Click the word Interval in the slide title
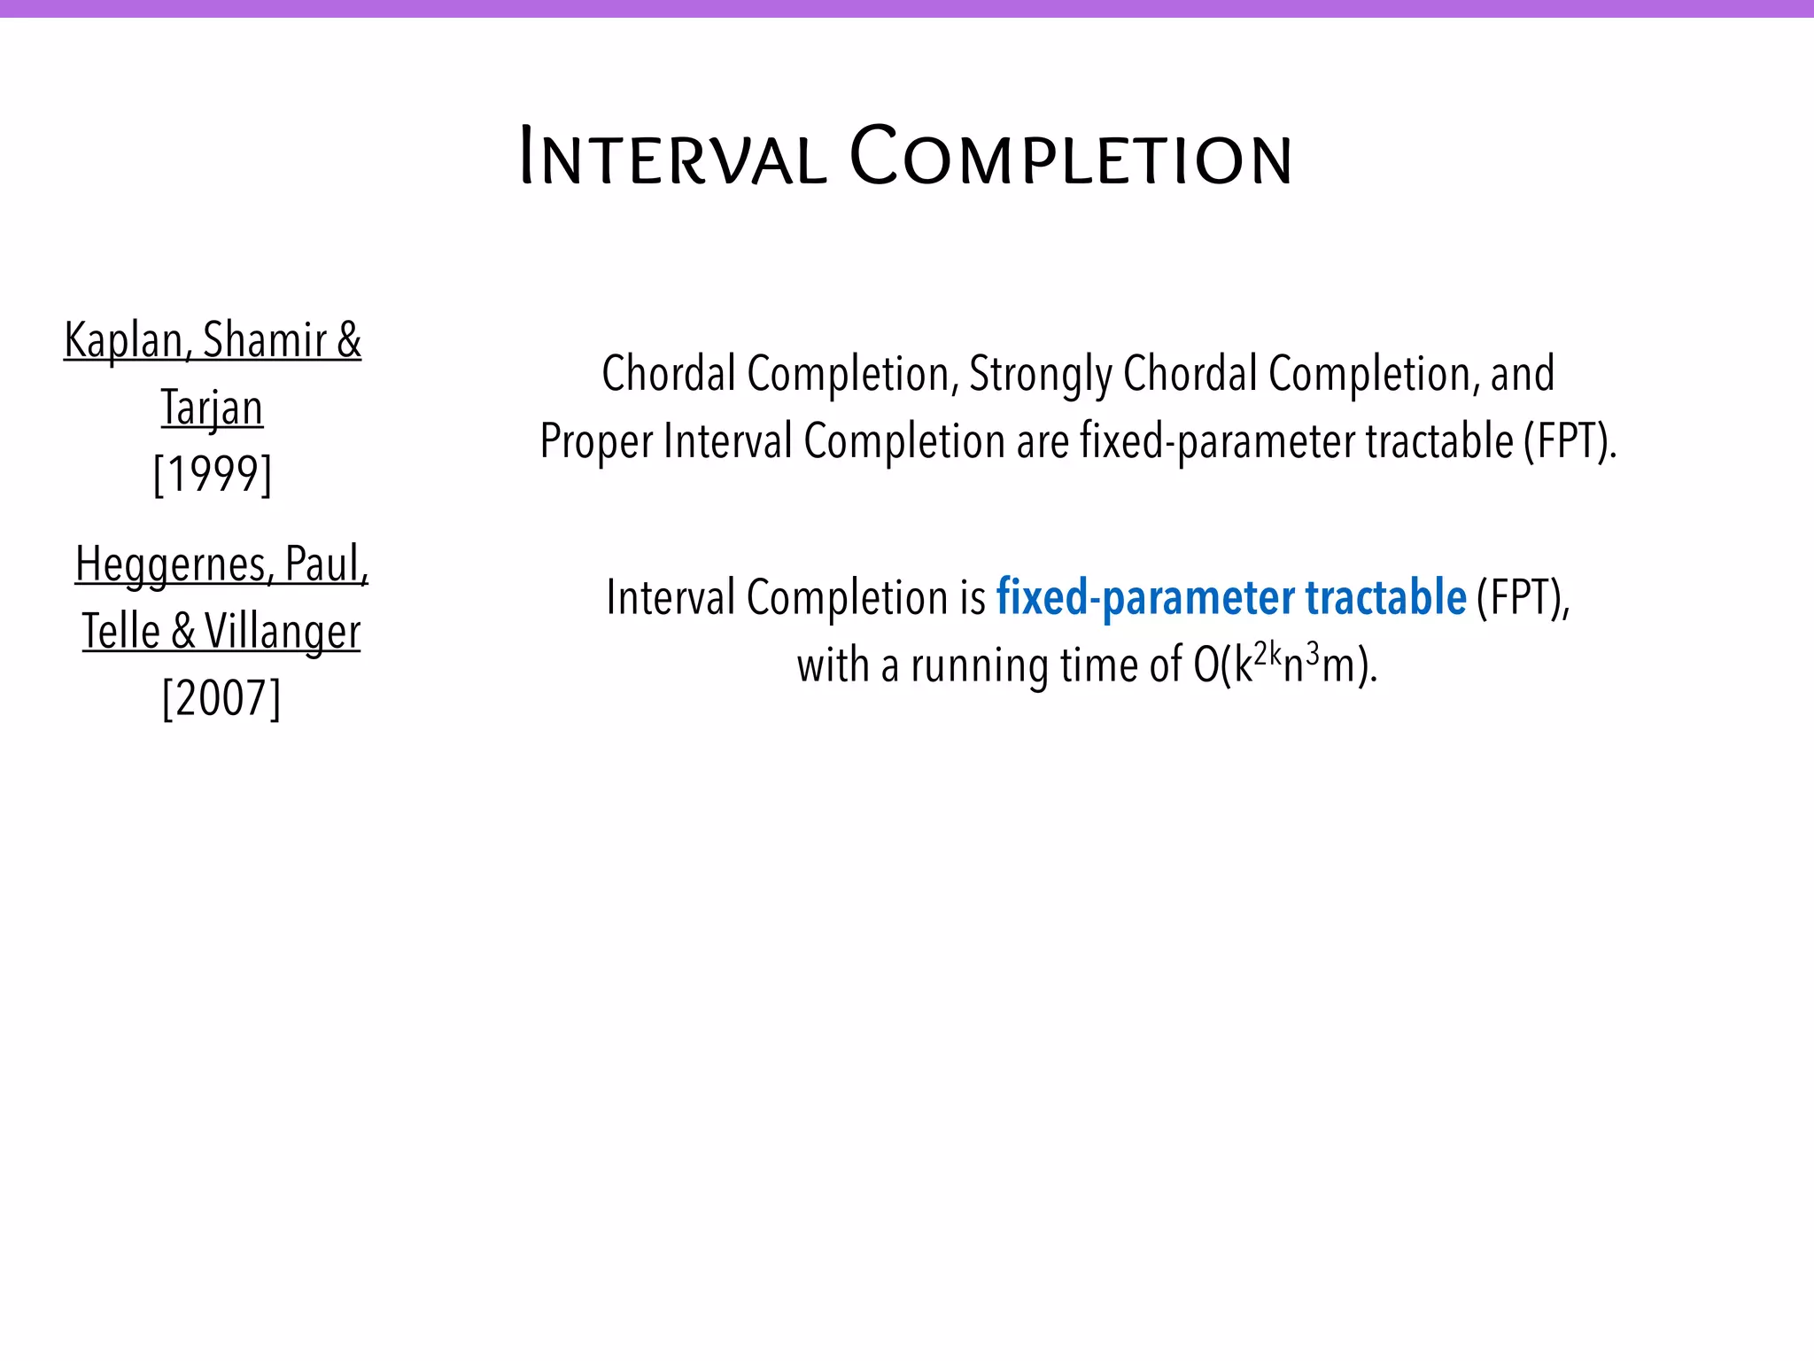[x=672, y=159]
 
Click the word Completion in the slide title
[x=1071, y=158]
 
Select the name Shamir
[x=265, y=341]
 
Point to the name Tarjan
[x=213, y=408]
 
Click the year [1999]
[x=213, y=475]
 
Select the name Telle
[x=121, y=632]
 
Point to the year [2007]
[x=221, y=699]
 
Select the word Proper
[x=595, y=442]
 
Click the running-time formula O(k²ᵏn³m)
[x=1285, y=665]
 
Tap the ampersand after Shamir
[x=349, y=340]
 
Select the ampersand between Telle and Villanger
[x=183, y=632]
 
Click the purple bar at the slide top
[x=907, y=8]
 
